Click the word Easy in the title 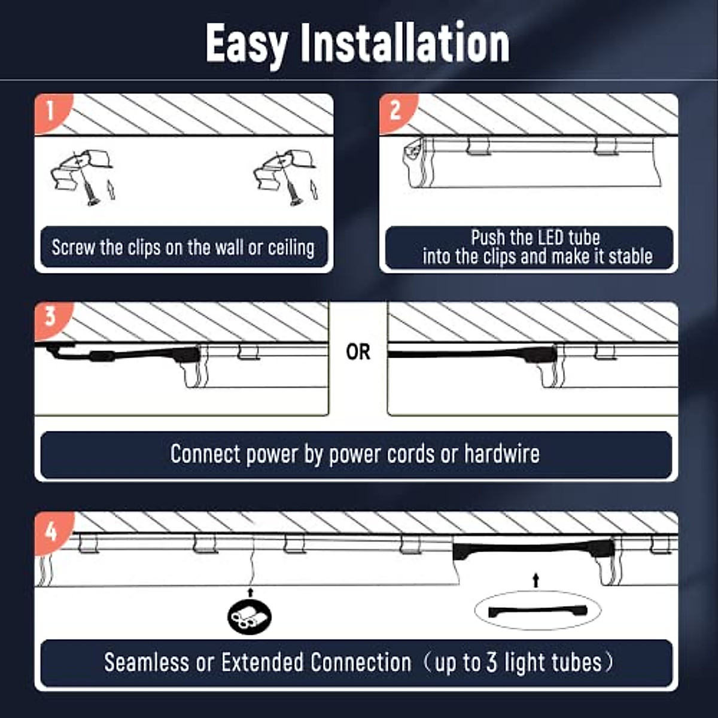coord(246,44)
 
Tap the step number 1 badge coord(50,111)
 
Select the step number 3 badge coord(50,316)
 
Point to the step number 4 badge coord(51,530)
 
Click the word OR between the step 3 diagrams coord(358,352)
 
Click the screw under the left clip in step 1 coord(90,193)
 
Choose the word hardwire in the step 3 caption coord(502,454)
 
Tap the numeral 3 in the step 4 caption coord(491,662)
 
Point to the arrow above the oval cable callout coord(536,580)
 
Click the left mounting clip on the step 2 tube coord(478,146)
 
